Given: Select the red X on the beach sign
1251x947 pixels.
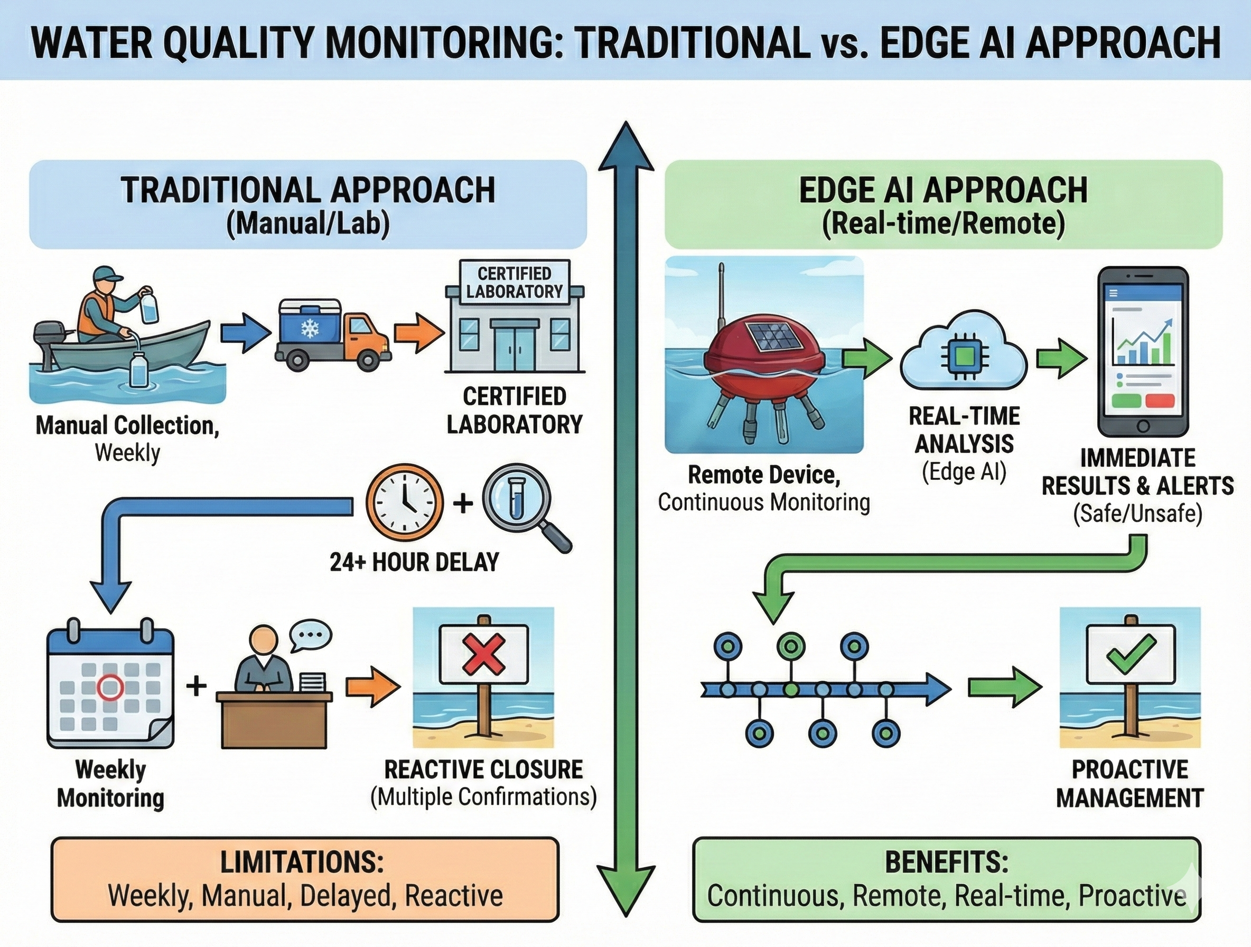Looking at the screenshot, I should coord(483,652).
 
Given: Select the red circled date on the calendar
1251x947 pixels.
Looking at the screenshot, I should coord(110,687).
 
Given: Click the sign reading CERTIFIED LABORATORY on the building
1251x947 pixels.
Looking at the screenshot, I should coord(514,283).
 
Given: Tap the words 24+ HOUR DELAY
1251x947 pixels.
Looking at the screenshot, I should coord(415,562).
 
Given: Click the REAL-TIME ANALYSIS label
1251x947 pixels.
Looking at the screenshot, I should coord(964,430).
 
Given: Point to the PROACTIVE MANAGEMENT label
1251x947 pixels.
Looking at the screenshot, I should coord(1130,784).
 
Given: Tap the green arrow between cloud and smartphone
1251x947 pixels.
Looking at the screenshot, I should coord(1061,359).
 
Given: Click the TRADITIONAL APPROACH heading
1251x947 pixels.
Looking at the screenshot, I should coord(308,190).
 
